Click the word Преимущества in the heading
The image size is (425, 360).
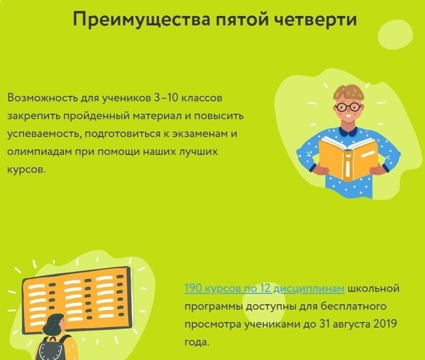tap(141, 20)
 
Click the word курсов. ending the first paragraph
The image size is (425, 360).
tap(27, 170)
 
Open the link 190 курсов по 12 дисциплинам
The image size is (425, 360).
tap(265, 288)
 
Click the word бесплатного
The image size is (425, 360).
tap(353, 306)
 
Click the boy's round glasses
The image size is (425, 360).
tap(348, 107)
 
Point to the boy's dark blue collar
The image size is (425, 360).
tap(348, 131)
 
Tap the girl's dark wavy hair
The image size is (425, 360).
tap(53, 325)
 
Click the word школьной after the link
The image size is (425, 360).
tap(374, 288)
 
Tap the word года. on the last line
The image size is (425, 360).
tap(197, 342)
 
